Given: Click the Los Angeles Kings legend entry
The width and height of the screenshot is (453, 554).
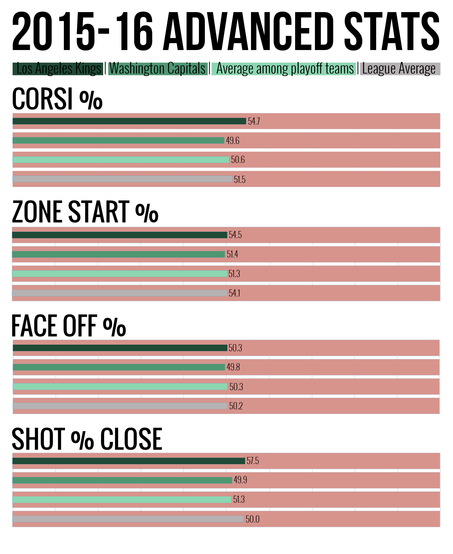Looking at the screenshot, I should click(x=58, y=69).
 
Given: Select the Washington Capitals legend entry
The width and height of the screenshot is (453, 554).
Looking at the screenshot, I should click(x=158, y=69).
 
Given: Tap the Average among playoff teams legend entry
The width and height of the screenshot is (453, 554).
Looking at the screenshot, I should click(x=284, y=69).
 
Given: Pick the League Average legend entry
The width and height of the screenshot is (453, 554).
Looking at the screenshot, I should click(x=400, y=69).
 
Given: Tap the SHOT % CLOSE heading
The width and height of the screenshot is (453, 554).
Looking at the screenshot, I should click(x=87, y=439).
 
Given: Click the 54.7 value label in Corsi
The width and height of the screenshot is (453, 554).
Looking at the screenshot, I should click(x=254, y=121).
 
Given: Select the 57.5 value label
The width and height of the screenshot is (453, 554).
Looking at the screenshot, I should click(x=253, y=461).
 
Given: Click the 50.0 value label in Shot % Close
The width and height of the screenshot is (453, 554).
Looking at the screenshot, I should click(x=252, y=519).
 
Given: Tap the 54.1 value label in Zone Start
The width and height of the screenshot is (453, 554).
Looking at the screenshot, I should click(x=234, y=293).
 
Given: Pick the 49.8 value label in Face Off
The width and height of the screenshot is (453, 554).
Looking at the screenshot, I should click(x=233, y=367).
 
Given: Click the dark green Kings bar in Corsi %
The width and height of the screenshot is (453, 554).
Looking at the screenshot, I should click(x=129, y=121).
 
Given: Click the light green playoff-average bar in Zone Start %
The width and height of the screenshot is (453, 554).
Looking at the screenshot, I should click(x=119, y=274).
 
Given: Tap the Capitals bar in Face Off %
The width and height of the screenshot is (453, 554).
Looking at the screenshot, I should click(x=119, y=367).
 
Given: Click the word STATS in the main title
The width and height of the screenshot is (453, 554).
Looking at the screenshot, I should click(x=391, y=31).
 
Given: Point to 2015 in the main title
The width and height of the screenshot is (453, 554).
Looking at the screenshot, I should click(x=54, y=31).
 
